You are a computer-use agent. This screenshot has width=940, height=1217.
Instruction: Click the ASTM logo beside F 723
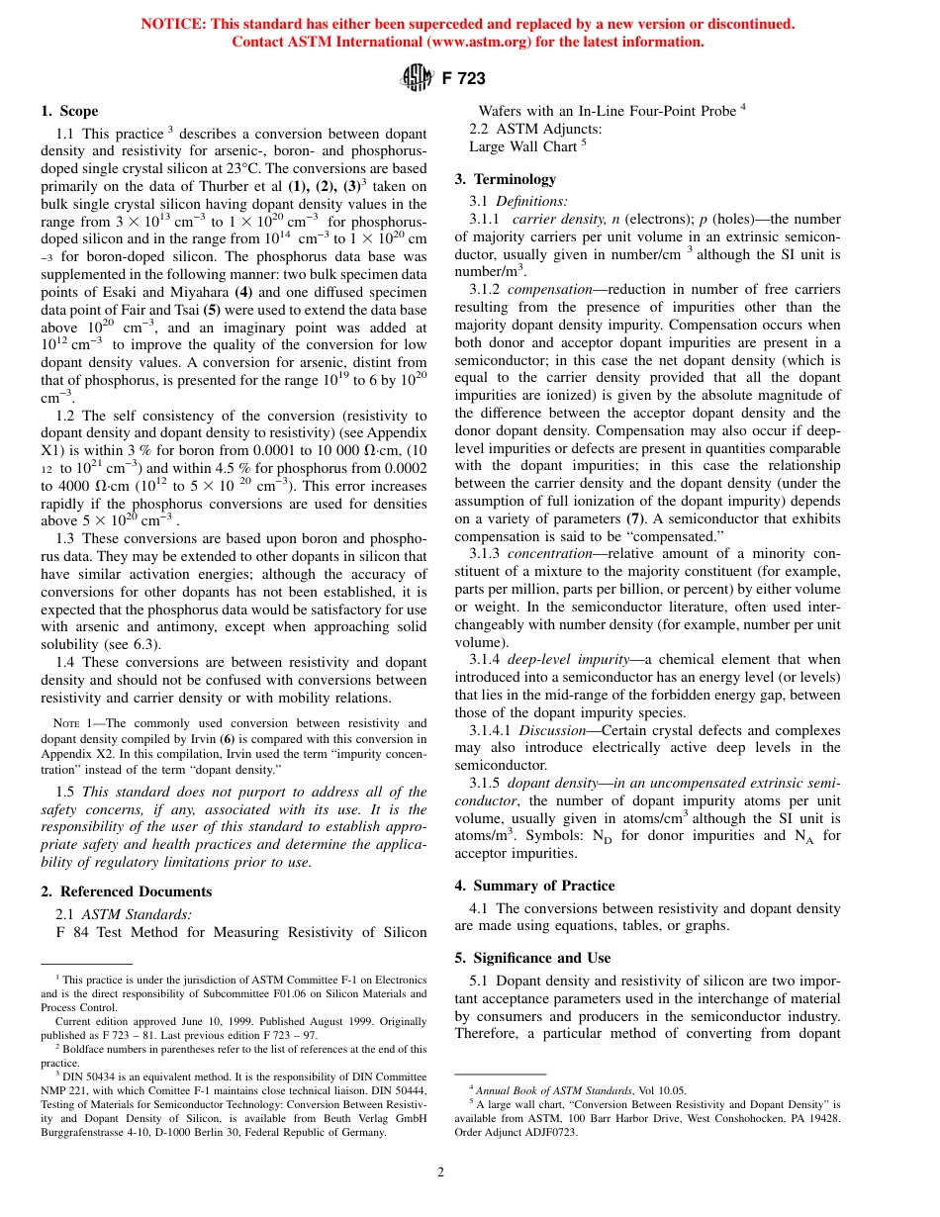tap(412, 78)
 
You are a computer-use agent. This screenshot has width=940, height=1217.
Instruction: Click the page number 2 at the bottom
tap(441, 1172)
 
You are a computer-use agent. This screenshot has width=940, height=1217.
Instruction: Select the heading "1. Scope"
tap(69, 111)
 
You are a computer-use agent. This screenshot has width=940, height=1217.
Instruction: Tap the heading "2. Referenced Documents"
tap(126, 891)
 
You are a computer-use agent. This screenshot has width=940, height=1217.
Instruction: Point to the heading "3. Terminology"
tap(505, 179)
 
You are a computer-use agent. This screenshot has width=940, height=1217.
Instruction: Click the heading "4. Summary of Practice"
tap(534, 886)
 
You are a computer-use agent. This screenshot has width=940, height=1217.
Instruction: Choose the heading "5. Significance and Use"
tap(532, 958)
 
